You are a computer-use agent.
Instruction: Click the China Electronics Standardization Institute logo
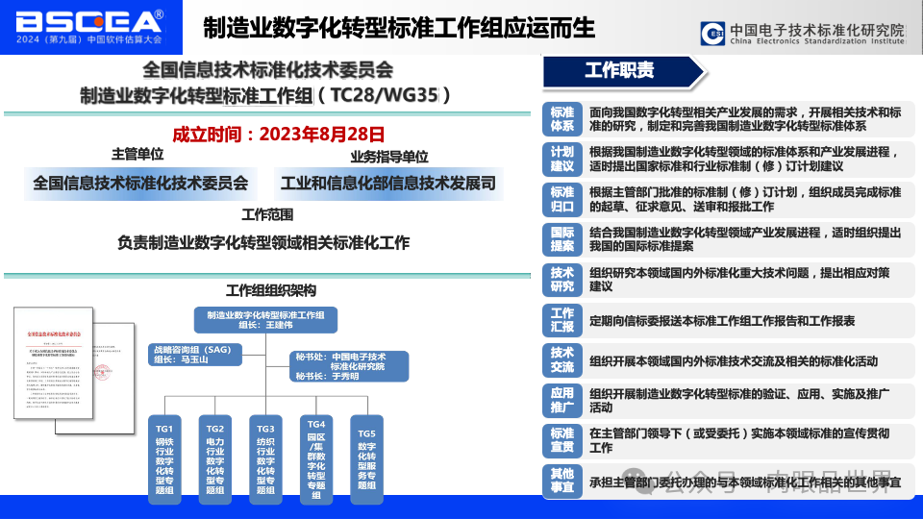tap(802, 34)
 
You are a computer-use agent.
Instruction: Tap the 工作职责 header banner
tap(620, 70)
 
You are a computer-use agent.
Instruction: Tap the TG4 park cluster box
tap(316, 457)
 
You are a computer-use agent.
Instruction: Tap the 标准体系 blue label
tap(561, 119)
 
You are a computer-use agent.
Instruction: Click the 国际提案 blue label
tap(561, 239)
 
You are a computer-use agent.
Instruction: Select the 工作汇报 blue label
tap(561, 320)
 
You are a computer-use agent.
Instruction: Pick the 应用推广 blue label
tap(561, 400)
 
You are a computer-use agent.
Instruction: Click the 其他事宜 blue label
tap(561, 480)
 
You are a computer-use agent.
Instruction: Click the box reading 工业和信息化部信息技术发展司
tap(387, 182)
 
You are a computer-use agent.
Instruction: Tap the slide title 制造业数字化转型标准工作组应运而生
tap(399, 27)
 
